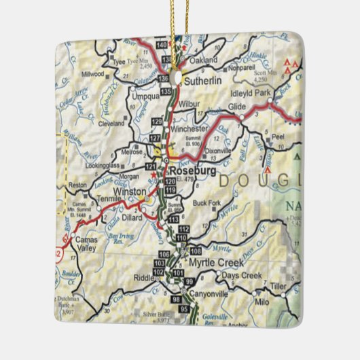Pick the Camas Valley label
[x=86, y=244]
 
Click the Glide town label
[x=237, y=107]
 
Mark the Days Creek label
[x=242, y=275]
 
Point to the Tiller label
[x=278, y=286]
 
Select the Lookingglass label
[x=106, y=165]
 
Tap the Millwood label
[x=92, y=73]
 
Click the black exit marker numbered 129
[x=157, y=121]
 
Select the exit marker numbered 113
[x=173, y=219]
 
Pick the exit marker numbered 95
[x=183, y=310]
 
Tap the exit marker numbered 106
[x=163, y=253]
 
